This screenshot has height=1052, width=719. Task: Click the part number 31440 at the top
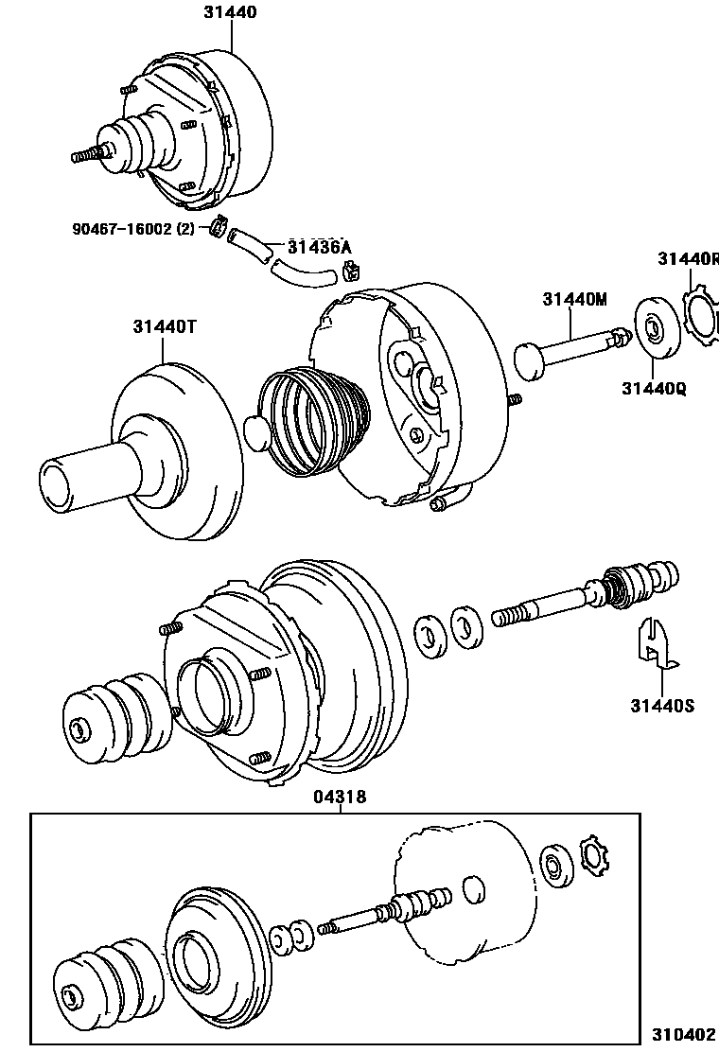click(230, 12)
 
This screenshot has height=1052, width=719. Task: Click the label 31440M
click(574, 300)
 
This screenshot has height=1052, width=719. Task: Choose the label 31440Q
click(654, 387)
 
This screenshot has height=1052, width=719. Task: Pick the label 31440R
click(688, 258)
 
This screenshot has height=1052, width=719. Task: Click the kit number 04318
click(340, 798)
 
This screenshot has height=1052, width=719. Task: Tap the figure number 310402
click(681, 1035)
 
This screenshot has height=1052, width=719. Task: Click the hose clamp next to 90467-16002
click(219, 228)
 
